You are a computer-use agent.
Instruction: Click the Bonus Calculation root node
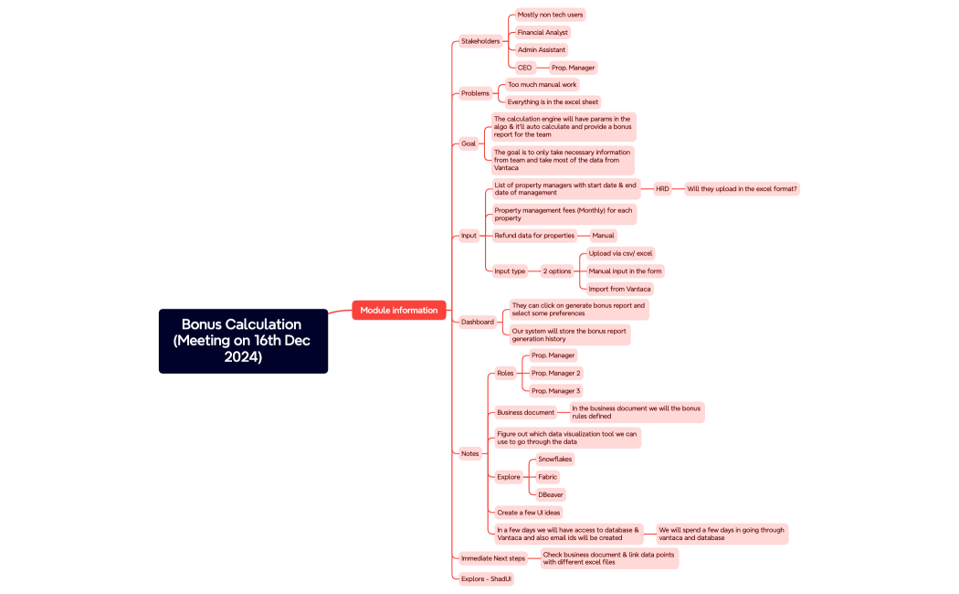(243, 341)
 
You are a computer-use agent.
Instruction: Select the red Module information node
(399, 311)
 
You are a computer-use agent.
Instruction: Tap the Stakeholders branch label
(480, 41)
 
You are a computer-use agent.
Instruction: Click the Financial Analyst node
(543, 32)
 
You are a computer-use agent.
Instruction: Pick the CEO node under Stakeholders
(524, 68)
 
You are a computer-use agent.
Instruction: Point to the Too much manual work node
(543, 84)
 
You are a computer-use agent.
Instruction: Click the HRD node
(662, 189)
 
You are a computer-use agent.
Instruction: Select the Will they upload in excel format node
(742, 189)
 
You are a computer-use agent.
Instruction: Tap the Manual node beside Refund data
(603, 236)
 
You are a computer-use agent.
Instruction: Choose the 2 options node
(557, 271)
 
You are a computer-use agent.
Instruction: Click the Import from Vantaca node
(620, 289)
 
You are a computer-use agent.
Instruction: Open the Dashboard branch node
(478, 322)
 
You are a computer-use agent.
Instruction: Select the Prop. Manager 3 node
(555, 391)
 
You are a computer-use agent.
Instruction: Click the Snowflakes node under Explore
(554, 459)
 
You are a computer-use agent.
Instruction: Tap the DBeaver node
(551, 494)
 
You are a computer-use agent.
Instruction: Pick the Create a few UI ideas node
(529, 513)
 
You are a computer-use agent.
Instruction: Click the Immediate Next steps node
(493, 558)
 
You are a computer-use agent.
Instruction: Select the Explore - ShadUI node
(486, 578)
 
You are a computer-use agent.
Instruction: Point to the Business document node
(525, 412)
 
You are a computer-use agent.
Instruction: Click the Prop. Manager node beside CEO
(573, 68)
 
